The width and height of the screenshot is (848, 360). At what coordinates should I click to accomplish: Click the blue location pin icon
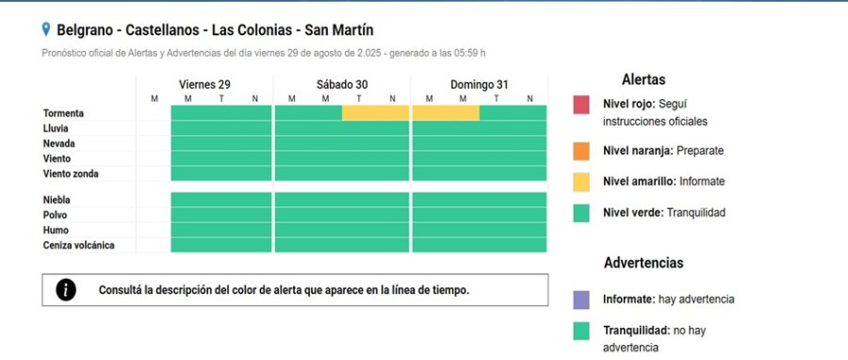46,30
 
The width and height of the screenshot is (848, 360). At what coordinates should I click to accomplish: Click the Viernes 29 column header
204,85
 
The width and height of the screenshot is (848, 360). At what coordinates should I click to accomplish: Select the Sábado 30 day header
342,85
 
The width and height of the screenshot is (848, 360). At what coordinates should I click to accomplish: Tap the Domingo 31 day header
479,85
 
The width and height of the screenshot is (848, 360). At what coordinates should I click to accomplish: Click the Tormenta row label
64,113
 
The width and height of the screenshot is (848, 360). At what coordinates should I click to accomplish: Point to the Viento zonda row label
71,173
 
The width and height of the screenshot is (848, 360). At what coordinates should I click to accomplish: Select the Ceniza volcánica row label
79,245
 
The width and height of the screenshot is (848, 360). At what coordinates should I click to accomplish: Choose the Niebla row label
57,200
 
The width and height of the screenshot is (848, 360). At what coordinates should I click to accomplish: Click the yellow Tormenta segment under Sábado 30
375,113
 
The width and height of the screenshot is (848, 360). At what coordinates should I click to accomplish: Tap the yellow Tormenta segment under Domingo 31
446,113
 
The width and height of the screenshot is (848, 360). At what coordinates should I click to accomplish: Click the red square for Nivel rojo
581,104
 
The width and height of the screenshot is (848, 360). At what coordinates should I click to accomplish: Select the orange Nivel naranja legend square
581,151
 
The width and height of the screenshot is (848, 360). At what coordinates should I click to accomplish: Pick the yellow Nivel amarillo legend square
581,181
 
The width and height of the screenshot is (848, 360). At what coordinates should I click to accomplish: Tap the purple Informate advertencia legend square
581,300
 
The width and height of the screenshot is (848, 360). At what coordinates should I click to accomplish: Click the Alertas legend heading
644,80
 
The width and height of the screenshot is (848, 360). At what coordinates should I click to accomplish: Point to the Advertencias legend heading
644,263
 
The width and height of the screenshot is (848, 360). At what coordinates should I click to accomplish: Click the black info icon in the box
66,290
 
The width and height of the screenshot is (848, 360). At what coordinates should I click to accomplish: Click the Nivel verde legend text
664,213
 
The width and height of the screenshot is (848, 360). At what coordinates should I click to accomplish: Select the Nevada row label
59,143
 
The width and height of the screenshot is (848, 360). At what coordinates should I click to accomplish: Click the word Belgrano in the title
89,30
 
